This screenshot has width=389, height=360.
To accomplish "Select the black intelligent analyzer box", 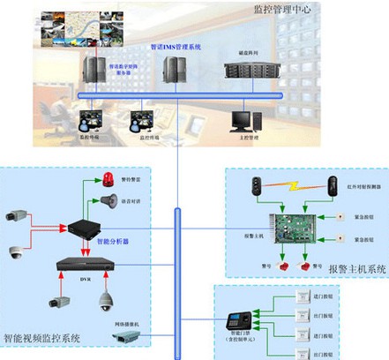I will click(x=88, y=227).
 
